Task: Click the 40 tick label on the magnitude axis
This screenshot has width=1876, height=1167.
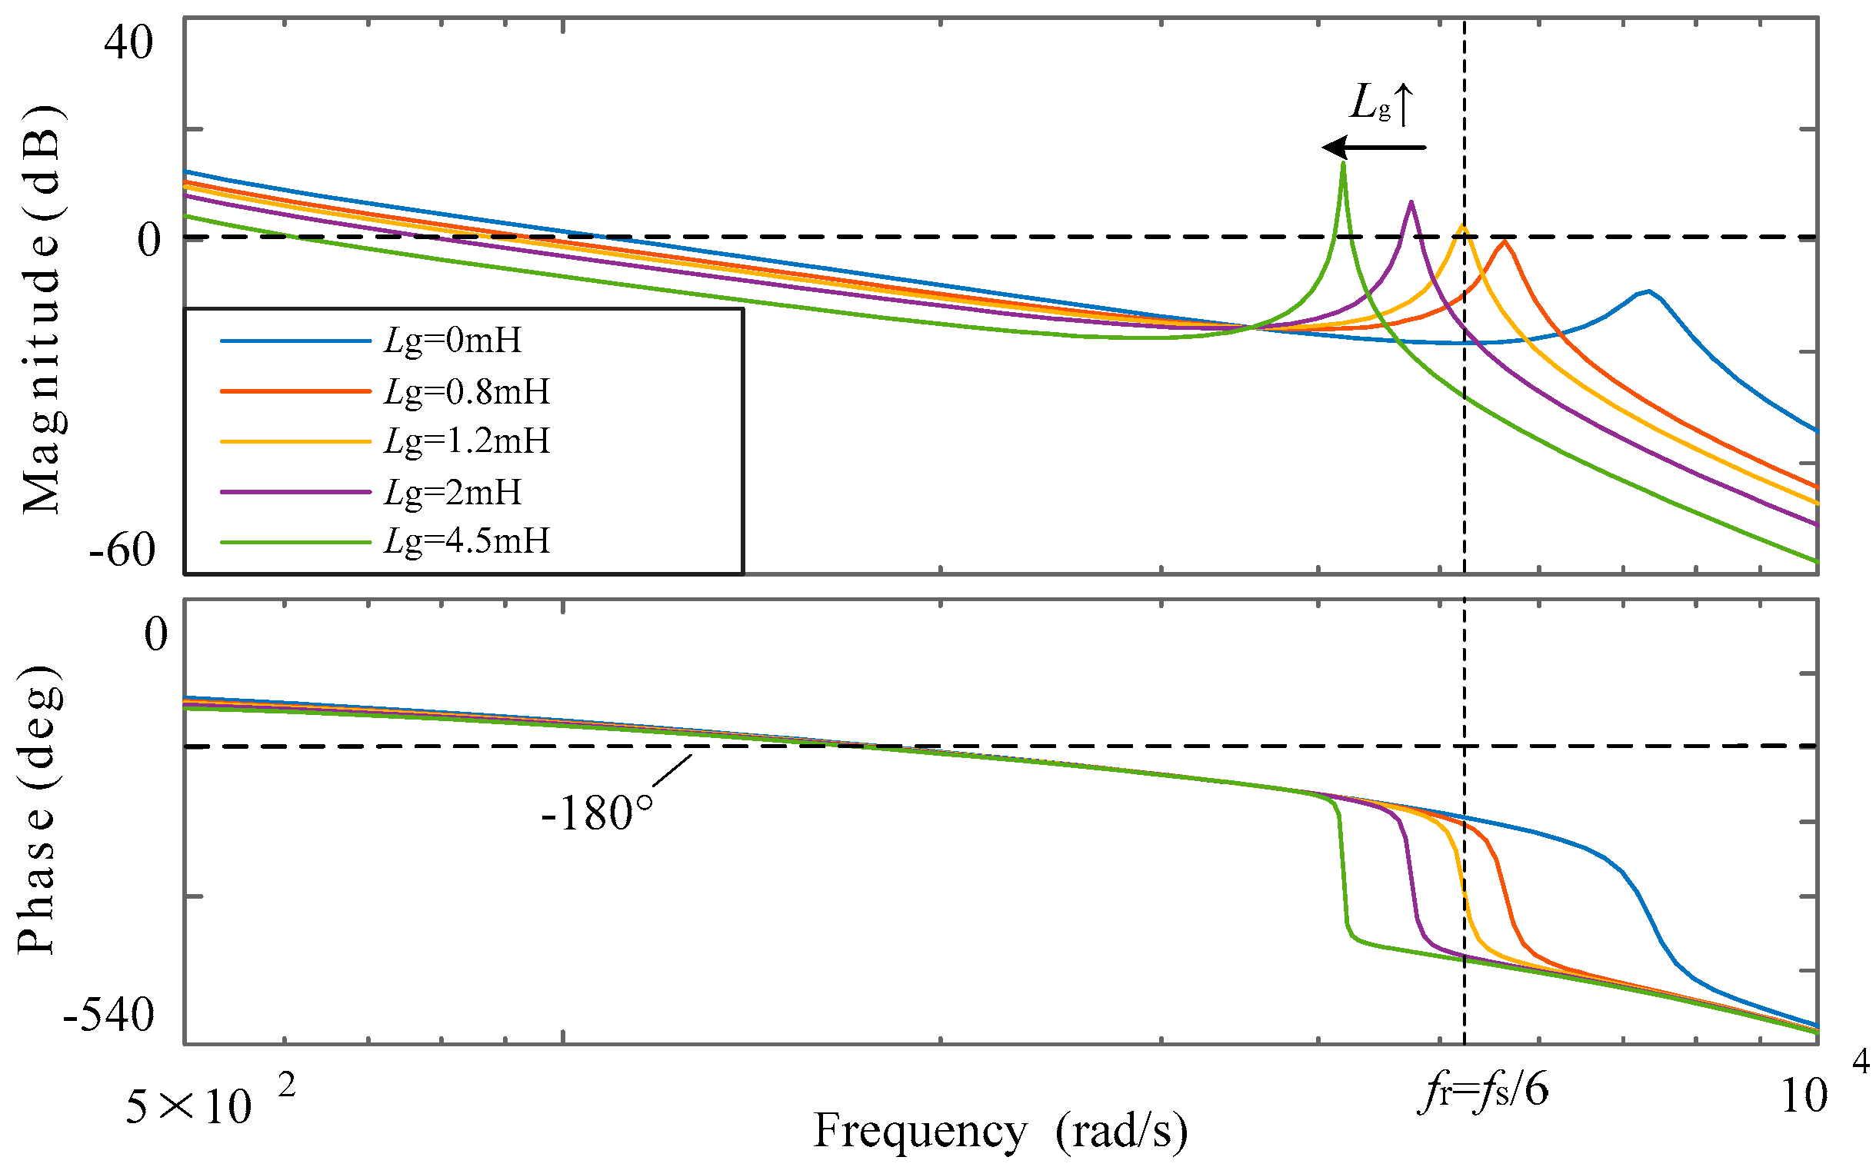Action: (x=128, y=42)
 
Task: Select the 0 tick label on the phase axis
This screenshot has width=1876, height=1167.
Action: (x=155, y=634)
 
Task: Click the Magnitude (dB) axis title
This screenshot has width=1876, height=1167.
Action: (x=42, y=309)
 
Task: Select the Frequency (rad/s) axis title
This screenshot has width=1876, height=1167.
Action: (x=1000, y=1132)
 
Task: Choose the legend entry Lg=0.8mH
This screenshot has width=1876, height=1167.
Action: (x=467, y=391)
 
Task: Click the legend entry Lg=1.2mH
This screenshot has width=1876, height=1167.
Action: (x=467, y=441)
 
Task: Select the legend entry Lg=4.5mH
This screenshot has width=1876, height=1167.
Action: (x=467, y=541)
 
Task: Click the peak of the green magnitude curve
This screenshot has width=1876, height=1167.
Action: (x=1343, y=164)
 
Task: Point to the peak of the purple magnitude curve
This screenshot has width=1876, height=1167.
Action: (x=1411, y=203)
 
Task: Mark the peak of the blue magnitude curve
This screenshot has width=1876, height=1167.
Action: (x=1648, y=292)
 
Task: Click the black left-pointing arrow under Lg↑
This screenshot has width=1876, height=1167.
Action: (x=1375, y=147)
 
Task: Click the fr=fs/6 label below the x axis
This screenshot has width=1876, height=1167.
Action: (x=1483, y=1092)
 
